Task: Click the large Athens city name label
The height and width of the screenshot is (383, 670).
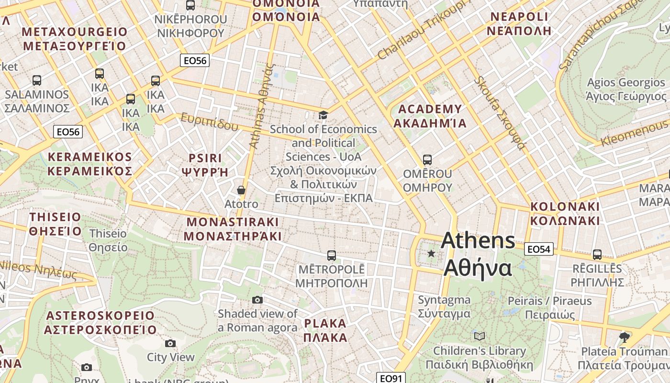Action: tap(478, 254)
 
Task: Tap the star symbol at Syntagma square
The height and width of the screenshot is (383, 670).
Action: tap(431, 253)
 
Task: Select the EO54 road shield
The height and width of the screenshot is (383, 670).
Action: tap(539, 249)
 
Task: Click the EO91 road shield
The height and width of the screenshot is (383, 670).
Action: tap(391, 378)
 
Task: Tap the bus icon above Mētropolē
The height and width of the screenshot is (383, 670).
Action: tap(331, 255)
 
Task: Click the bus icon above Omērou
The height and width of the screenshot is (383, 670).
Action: tap(427, 160)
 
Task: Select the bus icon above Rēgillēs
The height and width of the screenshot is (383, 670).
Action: tap(597, 254)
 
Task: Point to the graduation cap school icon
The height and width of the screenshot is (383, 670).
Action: tap(324, 115)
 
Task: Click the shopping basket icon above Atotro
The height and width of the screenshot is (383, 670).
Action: tap(241, 190)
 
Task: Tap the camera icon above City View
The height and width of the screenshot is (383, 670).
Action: tap(170, 343)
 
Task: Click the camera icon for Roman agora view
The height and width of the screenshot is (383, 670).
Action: tap(257, 300)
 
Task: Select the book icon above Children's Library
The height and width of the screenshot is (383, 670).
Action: tap(479, 337)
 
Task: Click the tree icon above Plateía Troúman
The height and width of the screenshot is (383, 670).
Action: tap(624, 337)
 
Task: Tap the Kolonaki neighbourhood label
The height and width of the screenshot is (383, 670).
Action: tap(565, 214)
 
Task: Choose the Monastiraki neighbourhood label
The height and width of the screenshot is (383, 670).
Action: tap(232, 229)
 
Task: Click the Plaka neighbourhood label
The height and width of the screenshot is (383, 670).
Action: tap(325, 330)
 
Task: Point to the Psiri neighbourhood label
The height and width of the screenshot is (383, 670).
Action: tap(205, 165)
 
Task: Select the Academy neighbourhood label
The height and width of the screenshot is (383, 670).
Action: tap(429, 116)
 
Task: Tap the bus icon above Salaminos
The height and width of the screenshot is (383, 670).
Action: tap(37, 80)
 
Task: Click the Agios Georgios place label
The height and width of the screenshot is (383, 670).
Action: tap(626, 90)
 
